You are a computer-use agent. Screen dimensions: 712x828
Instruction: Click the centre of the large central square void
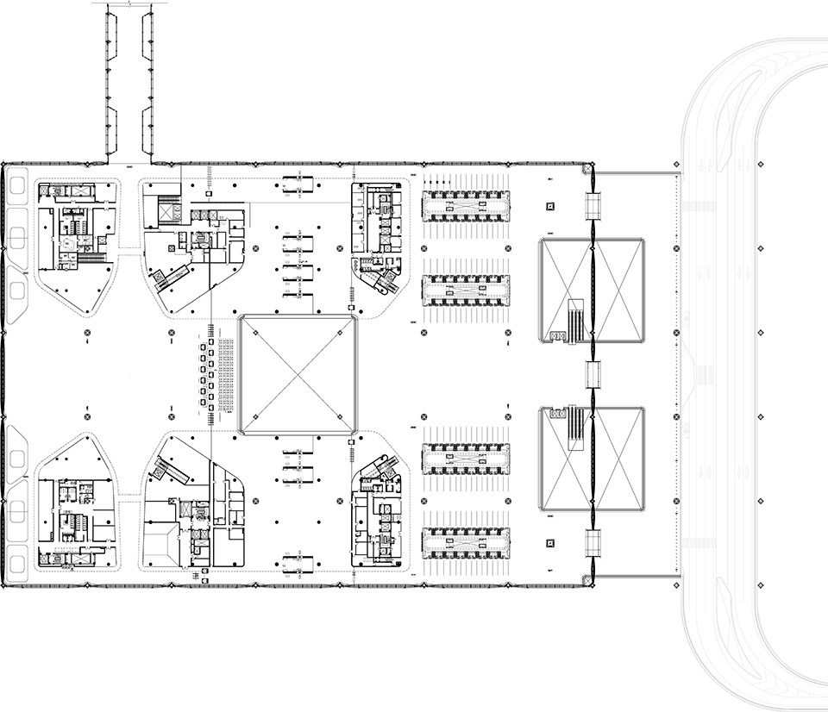[298, 374]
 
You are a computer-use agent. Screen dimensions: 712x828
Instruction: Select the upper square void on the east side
[593, 290]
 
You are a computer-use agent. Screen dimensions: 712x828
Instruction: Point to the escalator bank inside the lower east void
[575, 428]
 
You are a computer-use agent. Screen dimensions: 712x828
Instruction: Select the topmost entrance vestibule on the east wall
[593, 203]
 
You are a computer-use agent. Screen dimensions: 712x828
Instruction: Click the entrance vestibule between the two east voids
[593, 374]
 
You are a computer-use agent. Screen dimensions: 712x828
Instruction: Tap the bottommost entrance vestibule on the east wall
[593, 543]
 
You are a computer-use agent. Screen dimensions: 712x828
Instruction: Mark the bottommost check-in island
[465, 543]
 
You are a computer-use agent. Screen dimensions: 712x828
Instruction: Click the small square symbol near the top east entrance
[550, 206]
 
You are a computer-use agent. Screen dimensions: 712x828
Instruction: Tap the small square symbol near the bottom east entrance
[550, 543]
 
